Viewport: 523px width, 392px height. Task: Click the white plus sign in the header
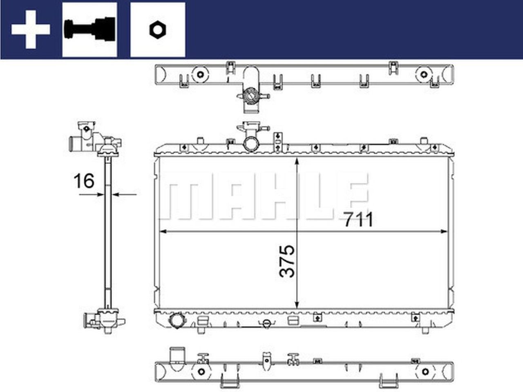31,29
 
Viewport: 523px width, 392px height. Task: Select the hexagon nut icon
157,29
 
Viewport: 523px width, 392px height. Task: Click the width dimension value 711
358,220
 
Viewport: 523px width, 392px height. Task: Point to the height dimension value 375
287,261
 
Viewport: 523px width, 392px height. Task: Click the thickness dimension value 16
83,181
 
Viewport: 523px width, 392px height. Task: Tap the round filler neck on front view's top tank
250,144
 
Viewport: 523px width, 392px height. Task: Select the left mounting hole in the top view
200,75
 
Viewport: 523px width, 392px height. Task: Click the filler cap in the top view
250,96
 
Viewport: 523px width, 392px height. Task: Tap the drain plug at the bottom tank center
266,323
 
